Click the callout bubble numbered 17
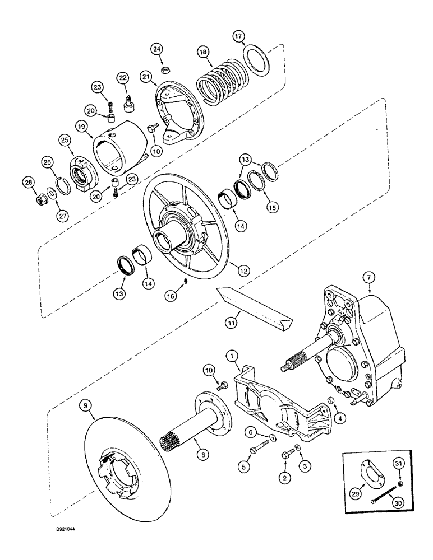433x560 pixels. click(239, 38)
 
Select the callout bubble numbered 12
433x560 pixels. click(243, 270)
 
